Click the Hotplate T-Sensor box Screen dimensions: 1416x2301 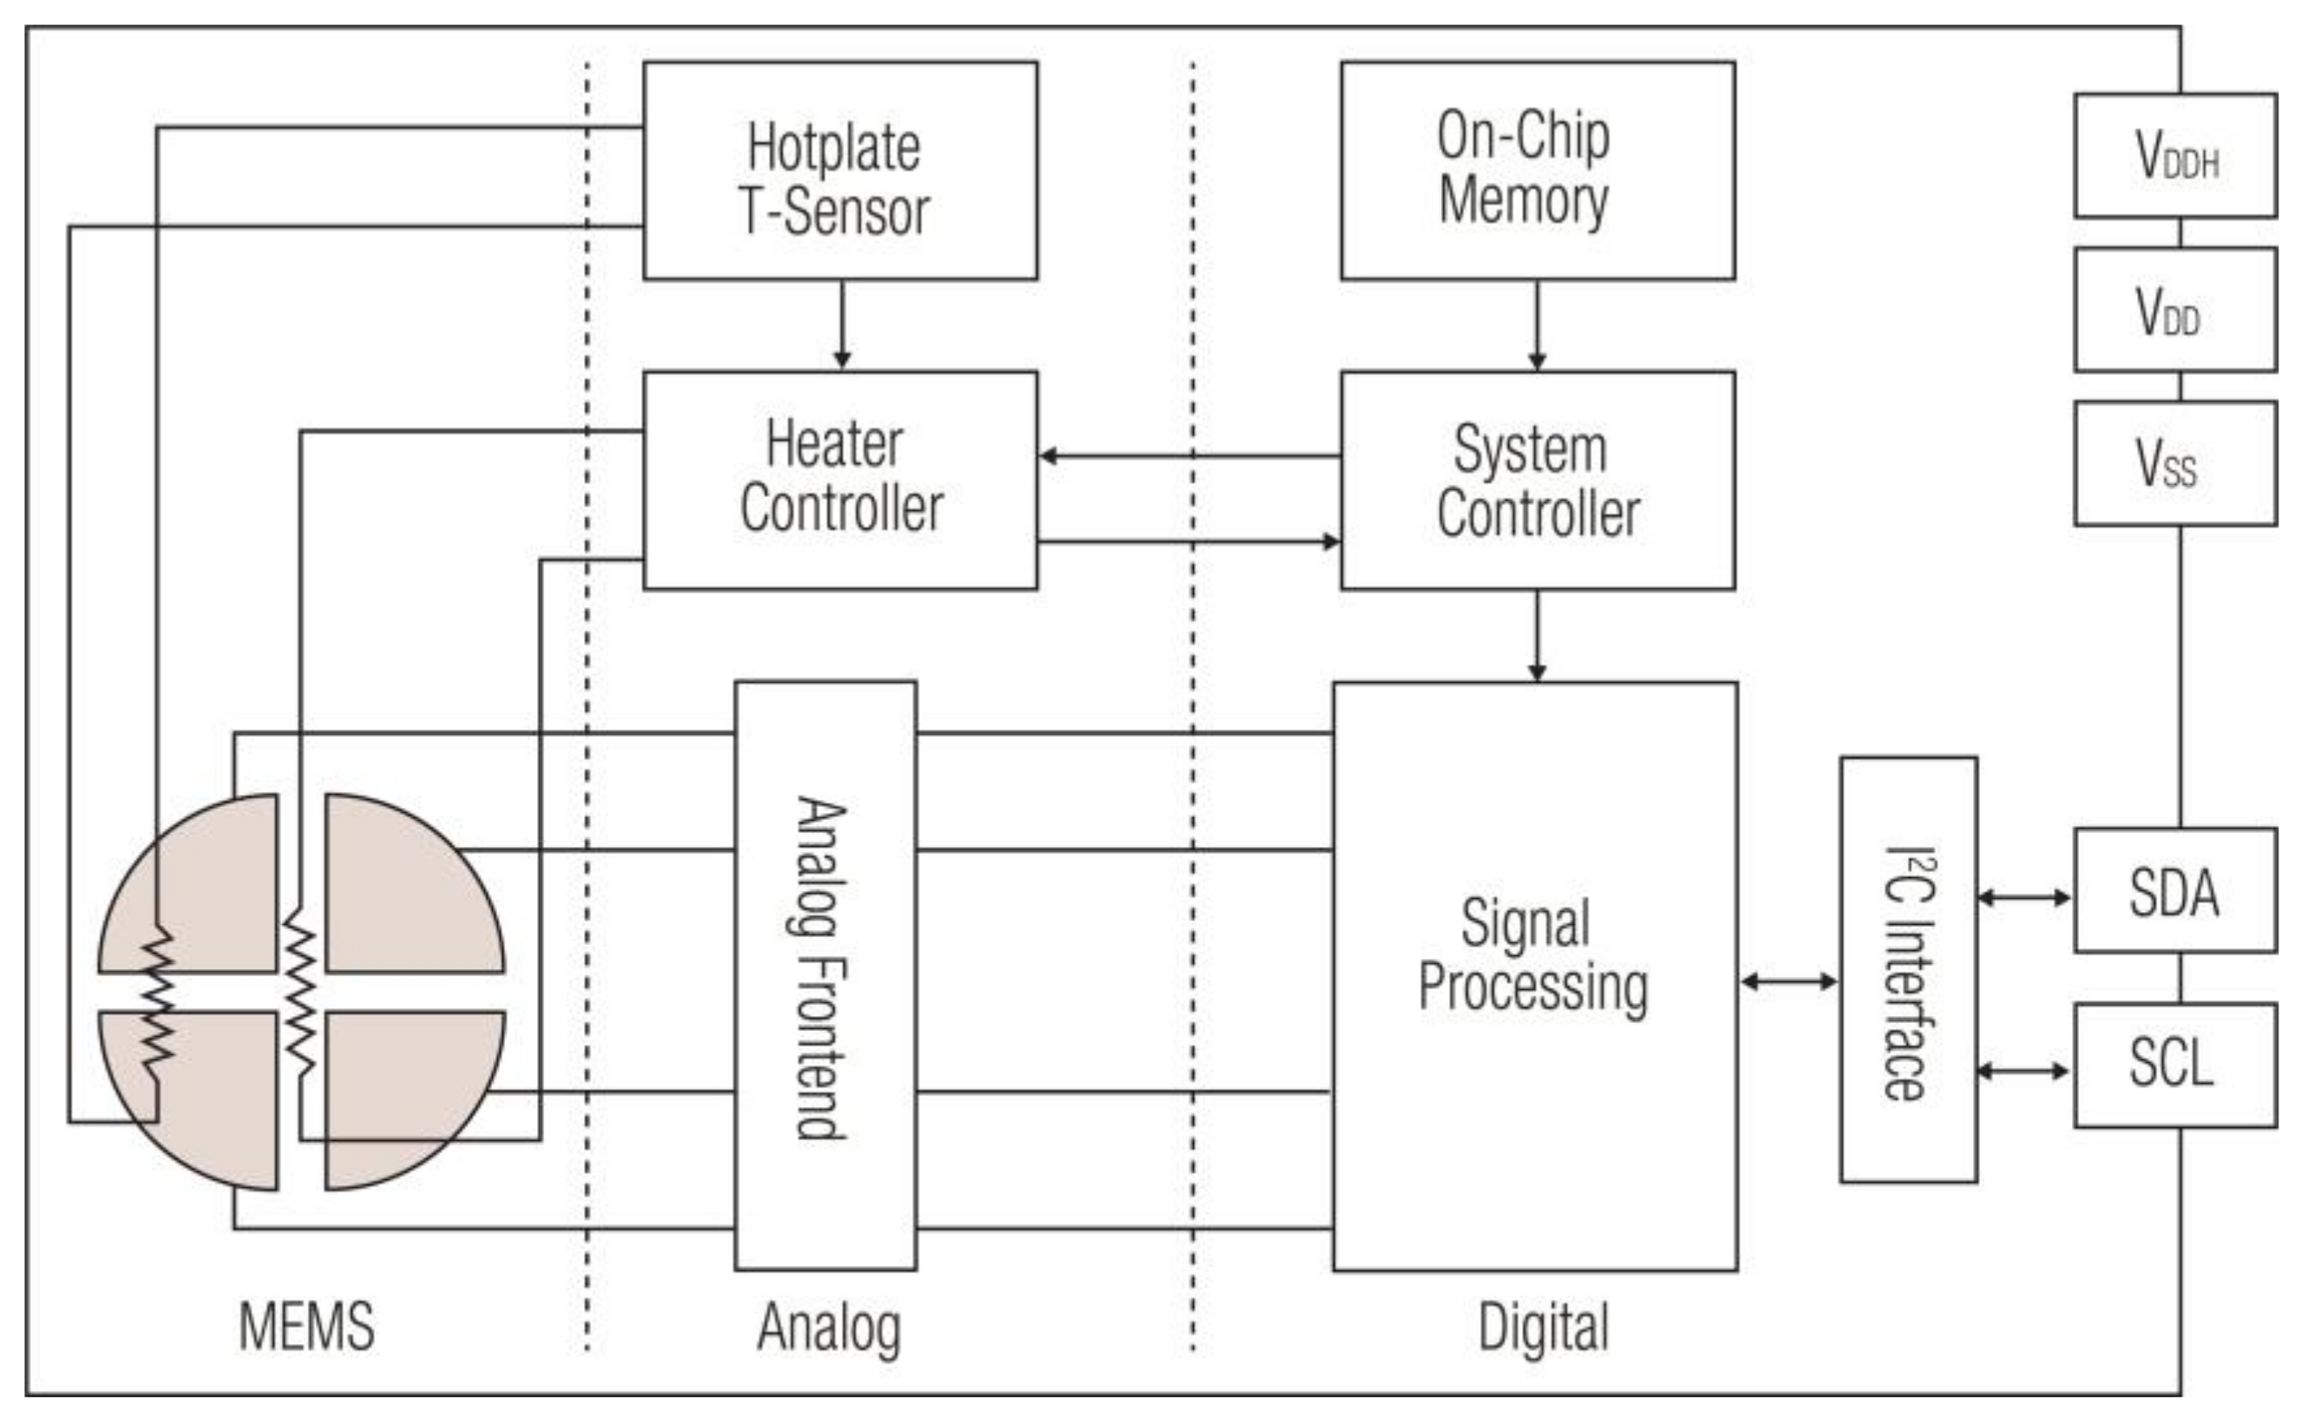tap(840, 170)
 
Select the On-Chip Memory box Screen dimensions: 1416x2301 tap(1537, 170)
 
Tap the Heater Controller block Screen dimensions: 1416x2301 tap(840, 480)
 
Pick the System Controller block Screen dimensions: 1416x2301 tap(1537, 480)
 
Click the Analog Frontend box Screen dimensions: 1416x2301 tap(825, 975)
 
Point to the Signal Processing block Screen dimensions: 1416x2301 tap(1535, 975)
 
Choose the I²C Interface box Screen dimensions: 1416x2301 tap(1909, 969)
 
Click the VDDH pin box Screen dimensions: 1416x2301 tap(2174, 155)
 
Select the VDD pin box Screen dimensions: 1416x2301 tap(2174, 310)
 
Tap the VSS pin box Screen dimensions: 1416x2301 tap(2174, 463)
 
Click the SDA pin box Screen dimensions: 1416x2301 tap(2174, 890)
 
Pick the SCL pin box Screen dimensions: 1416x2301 tap(2174, 1065)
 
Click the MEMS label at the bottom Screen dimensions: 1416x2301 tap(306, 1325)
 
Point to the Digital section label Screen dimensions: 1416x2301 tap(1543, 1327)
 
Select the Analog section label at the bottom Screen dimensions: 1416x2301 tap(829, 1327)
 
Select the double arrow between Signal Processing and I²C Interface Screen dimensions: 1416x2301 tap(1789, 981)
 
